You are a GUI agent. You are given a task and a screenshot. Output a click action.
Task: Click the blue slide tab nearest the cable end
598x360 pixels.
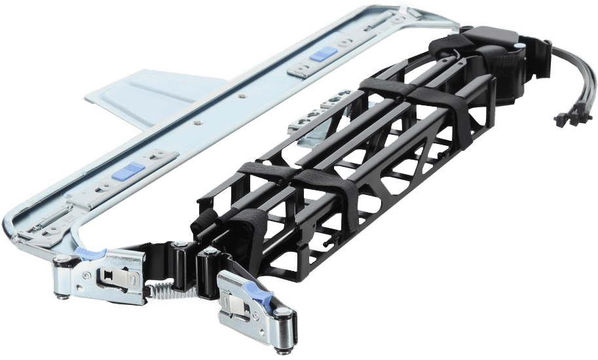coord(323,54)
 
